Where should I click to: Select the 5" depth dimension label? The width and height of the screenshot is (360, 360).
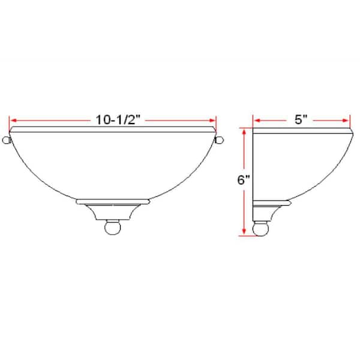(x=301, y=119)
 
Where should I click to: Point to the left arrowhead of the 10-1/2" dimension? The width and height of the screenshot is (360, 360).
(x=13, y=119)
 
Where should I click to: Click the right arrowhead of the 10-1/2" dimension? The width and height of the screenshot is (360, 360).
(x=214, y=119)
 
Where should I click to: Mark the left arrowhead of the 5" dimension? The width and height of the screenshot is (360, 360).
(x=255, y=119)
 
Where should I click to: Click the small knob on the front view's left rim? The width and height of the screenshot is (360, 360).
(x=6, y=140)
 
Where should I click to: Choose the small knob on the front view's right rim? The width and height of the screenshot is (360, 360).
(x=220, y=140)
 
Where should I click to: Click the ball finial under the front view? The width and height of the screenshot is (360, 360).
(x=113, y=229)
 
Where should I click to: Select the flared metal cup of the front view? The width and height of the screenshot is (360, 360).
(x=113, y=212)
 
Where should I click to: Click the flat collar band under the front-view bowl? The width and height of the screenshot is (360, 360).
(x=113, y=202)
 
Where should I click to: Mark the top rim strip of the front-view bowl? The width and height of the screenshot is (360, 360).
(x=113, y=129)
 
